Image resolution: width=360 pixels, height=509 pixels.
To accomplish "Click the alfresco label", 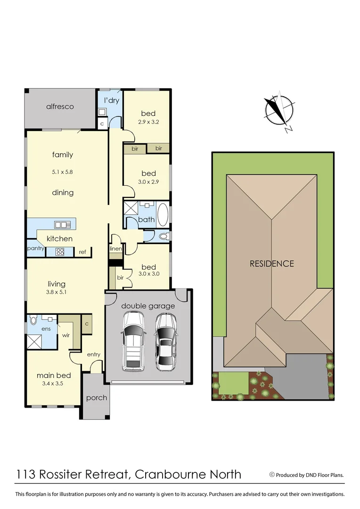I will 60,107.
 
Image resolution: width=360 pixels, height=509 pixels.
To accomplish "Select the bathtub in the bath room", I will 162,214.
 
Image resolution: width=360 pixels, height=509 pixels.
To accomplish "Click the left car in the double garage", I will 133,340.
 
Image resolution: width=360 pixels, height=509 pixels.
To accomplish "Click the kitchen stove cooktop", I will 60,252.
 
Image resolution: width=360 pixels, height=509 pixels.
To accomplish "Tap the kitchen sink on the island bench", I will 62,224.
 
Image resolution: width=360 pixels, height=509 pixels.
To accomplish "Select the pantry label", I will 36,248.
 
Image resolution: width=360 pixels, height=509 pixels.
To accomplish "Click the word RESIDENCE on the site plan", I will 271,264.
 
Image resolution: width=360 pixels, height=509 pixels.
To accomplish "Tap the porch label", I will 97,398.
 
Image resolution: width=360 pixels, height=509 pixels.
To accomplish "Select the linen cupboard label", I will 116,248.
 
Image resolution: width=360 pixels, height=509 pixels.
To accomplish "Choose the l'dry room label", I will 111,100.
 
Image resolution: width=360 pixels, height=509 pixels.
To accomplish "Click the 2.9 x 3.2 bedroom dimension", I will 148,122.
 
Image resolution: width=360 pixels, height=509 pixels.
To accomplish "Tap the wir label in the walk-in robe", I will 66,337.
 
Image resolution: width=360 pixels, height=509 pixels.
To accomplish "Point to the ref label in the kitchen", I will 82,252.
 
